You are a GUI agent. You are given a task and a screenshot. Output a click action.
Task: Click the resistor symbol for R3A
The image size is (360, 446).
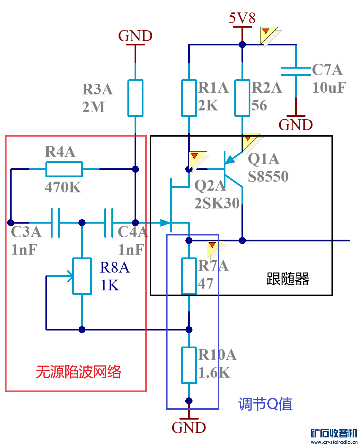(x=135, y=98)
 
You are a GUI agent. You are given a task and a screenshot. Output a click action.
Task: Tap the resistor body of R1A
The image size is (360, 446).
(x=189, y=98)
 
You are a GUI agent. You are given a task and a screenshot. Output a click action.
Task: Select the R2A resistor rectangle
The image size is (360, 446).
(x=242, y=98)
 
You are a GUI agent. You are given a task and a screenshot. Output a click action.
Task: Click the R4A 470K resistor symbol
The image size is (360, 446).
(x=64, y=169)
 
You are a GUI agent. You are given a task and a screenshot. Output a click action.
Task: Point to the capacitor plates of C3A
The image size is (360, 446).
(x=55, y=223)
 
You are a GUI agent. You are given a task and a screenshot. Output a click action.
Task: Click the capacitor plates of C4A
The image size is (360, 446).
(x=109, y=223)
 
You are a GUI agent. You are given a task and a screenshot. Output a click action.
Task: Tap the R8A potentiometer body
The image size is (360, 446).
(x=82, y=276)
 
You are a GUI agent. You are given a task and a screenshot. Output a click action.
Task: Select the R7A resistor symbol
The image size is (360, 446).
(x=189, y=276)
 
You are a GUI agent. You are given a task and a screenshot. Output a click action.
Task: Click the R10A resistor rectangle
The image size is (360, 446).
(x=189, y=365)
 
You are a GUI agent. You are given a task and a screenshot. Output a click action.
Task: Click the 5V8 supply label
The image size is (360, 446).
(x=242, y=18)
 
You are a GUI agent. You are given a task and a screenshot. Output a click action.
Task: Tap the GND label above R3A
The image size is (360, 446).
(x=135, y=36)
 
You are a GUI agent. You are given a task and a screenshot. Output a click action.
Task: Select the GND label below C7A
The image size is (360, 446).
(x=296, y=125)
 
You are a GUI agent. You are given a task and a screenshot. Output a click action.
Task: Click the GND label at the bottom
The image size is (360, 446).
(x=189, y=428)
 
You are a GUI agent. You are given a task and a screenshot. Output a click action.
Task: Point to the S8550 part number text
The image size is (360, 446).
(x=268, y=177)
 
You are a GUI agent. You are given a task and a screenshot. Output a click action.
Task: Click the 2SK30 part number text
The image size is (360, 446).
(x=217, y=203)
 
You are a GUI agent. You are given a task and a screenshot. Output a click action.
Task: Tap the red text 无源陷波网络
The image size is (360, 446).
(x=79, y=372)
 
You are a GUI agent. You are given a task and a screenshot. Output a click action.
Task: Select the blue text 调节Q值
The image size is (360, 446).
(x=265, y=404)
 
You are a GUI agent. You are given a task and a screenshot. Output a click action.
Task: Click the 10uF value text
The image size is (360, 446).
(x=329, y=88)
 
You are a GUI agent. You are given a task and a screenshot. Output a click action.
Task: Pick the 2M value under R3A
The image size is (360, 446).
(x=94, y=107)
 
